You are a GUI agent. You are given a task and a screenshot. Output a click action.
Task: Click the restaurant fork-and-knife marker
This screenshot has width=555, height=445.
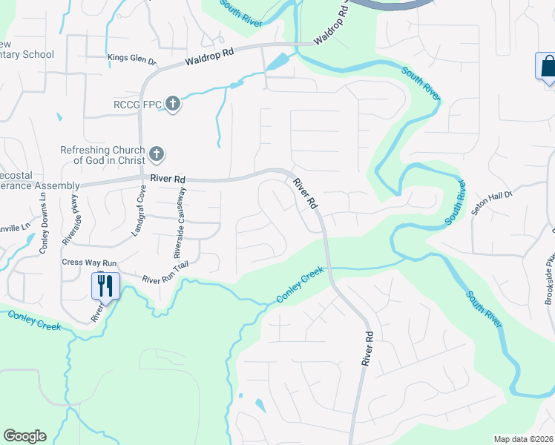pyautogui.click(x=105, y=285)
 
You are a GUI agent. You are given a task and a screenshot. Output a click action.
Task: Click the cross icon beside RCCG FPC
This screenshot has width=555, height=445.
pyautogui.click(x=172, y=104)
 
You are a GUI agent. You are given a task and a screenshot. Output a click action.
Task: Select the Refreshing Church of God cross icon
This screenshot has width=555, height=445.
pyautogui.click(x=156, y=154)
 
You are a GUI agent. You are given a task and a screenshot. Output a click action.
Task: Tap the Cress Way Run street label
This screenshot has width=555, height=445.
pyautogui.click(x=89, y=263)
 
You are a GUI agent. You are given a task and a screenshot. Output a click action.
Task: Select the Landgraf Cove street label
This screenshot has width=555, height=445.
pyautogui.click(x=138, y=212)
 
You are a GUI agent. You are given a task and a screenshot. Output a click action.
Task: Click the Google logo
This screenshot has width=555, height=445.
pyautogui.click(x=24, y=436)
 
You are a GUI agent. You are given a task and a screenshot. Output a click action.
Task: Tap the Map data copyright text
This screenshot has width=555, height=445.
pyautogui.click(x=524, y=439)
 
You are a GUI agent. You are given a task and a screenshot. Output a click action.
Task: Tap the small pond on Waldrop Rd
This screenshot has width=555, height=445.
pyautogui.click(x=277, y=62)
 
